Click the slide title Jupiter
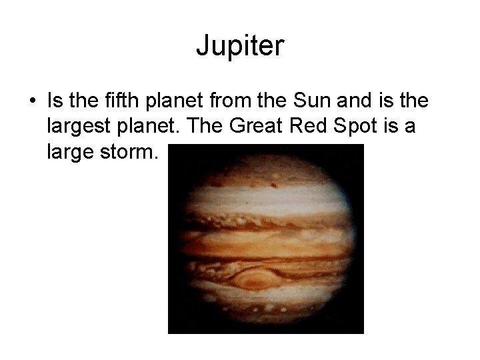tap(240, 46)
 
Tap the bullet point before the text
tap(32, 102)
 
